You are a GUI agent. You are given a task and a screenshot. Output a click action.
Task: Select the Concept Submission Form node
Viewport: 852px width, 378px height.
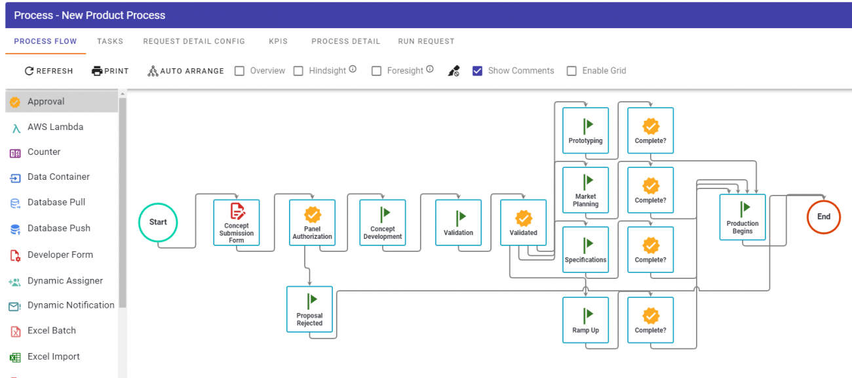(236, 222)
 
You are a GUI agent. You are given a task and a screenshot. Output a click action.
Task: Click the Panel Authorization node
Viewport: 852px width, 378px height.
(312, 222)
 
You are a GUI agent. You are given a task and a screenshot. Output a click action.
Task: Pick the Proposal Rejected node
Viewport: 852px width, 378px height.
(309, 309)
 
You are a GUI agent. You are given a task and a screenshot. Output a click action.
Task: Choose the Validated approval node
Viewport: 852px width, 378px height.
(524, 222)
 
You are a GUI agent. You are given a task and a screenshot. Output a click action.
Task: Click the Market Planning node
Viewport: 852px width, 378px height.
(585, 190)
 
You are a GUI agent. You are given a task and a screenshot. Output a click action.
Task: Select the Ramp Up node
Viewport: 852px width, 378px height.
(585, 320)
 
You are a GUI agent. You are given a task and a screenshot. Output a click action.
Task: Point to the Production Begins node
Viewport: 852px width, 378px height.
(743, 217)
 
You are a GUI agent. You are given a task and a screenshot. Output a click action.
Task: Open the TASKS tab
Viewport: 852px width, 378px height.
(110, 41)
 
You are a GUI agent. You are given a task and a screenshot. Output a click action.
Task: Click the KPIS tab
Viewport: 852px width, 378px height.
(278, 41)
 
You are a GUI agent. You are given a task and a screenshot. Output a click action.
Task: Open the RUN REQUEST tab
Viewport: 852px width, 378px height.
(426, 41)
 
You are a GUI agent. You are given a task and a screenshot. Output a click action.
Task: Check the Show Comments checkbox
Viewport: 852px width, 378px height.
(477, 71)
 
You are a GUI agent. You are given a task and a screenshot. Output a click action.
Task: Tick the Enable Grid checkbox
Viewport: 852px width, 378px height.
(571, 71)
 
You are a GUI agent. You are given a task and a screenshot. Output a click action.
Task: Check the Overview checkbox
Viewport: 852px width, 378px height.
(239, 71)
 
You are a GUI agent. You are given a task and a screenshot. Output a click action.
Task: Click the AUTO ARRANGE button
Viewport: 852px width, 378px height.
(185, 71)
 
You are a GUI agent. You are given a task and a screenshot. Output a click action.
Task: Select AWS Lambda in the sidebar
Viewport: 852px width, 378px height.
(55, 127)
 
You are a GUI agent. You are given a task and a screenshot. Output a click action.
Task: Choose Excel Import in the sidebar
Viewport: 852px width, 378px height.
(53, 356)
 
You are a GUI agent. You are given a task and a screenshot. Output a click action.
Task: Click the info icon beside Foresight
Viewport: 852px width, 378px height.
(430, 69)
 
